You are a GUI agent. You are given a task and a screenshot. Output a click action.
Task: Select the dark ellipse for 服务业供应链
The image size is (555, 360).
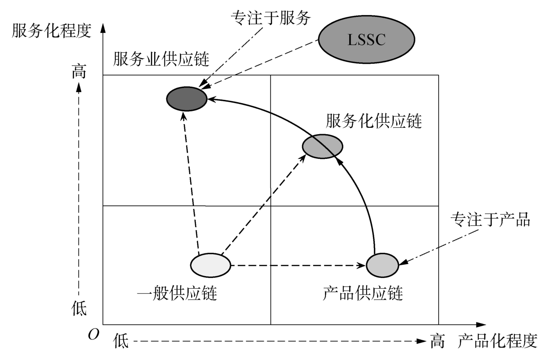[x=186, y=98]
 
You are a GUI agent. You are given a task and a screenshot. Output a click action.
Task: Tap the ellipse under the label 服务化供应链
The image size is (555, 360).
[x=322, y=146]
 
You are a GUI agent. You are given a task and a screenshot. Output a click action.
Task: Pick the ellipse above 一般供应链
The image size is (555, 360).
[x=210, y=265]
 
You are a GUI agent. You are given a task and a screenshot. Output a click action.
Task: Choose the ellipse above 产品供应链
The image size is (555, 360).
[x=382, y=264]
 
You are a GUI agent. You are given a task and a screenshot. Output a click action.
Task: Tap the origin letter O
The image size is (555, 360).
[x=93, y=335]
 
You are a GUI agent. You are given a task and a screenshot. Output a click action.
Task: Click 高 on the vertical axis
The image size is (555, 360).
[x=79, y=73]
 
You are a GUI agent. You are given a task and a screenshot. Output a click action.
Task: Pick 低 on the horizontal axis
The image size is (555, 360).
[x=121, y=341]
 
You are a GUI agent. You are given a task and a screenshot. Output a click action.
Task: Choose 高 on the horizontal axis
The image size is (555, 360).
[x=437, y=340]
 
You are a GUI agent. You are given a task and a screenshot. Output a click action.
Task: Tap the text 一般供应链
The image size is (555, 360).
[x=176, y=294]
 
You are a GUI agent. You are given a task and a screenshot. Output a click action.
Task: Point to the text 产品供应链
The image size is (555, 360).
[x=362, y=293]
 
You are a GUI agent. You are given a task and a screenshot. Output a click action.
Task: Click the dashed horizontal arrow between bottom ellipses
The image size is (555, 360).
[x=297, y=265]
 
